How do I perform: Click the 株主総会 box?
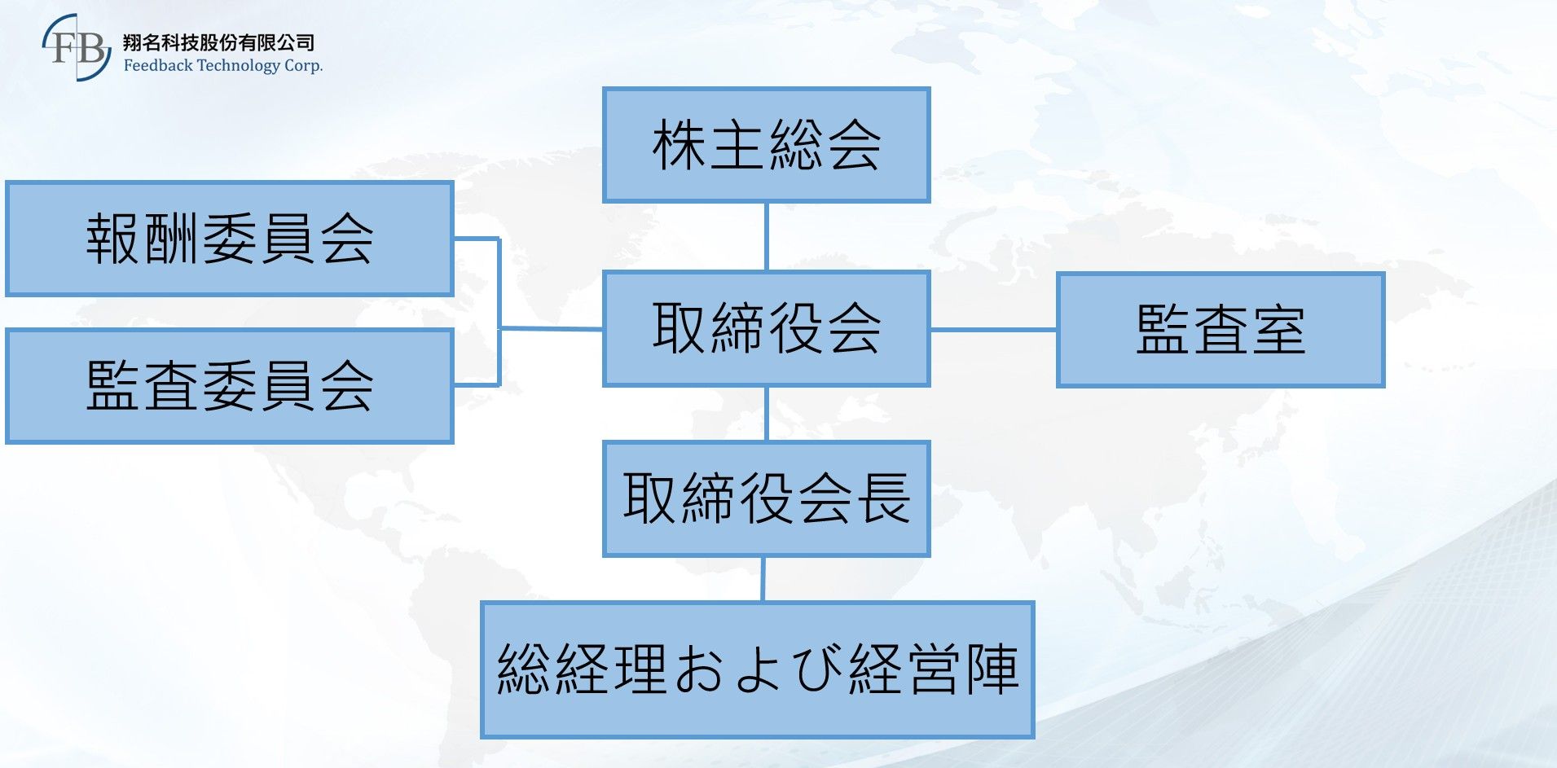[766, 145]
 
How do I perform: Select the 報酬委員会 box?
[229, 239]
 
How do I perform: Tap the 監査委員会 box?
[229, 386]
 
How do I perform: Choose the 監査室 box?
[1221, 330]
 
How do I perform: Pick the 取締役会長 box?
[766, 498]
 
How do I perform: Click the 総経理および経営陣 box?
[757, 669]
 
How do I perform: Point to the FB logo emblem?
[77, 47]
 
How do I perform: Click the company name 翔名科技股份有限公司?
[218, 42]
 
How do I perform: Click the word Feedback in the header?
[158, 65]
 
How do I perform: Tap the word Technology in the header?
[238, 66]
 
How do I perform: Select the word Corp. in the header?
[303, 66]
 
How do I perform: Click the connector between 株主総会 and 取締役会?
[766, 237]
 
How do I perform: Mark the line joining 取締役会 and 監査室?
[993, 330]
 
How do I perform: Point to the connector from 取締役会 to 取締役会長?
[766, 414]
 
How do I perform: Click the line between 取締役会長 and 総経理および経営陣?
[763, 579]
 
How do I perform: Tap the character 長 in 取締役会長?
[883, 498]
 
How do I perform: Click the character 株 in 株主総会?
[678, 145]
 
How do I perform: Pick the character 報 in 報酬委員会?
[112, 239]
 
